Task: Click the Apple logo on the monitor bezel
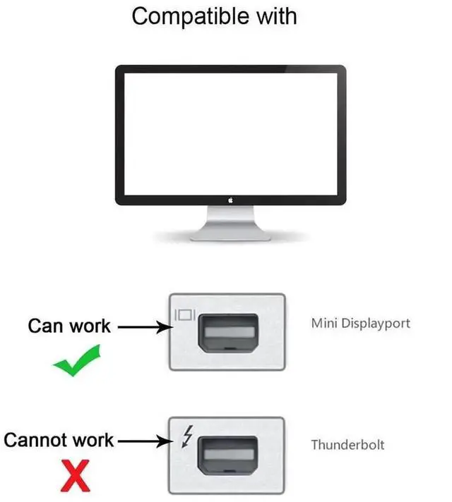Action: click(230, 200)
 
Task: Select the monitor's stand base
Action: click(230, 236)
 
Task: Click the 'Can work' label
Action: click(69, 326)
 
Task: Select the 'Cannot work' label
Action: click(59, 441)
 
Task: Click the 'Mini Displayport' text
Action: click(360, 324)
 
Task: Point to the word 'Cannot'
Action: click(31, 441)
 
